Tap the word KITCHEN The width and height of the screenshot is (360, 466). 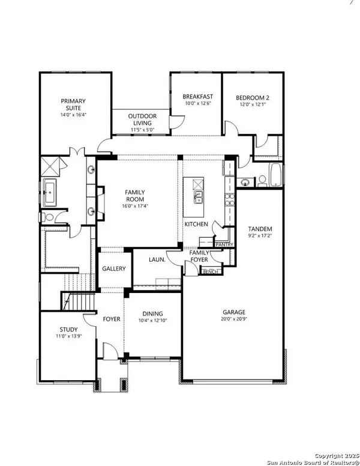coord(196,224)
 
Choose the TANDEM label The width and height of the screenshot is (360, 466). coord(260,229)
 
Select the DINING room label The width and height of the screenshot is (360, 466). coord(152,313)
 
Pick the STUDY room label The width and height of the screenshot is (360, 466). coord(68,329)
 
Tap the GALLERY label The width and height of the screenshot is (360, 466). coord(113,268)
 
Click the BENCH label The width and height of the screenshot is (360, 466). coord(211,272)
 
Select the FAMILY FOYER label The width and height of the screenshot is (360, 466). coord(199,257)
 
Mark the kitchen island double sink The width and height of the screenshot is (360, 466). coord(199,198)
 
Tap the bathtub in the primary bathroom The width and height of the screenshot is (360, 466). coord(50,192)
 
